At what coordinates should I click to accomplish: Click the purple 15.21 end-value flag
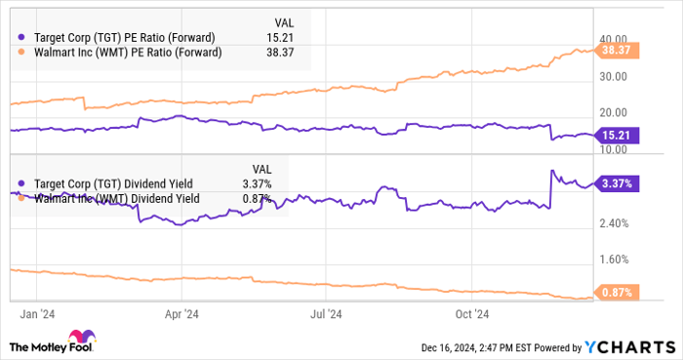coord(620,136)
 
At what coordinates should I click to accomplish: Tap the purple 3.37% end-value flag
coord(620,182)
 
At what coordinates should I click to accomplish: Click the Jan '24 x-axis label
coord(37,313)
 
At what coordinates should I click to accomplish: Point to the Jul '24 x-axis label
coord(326,313)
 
